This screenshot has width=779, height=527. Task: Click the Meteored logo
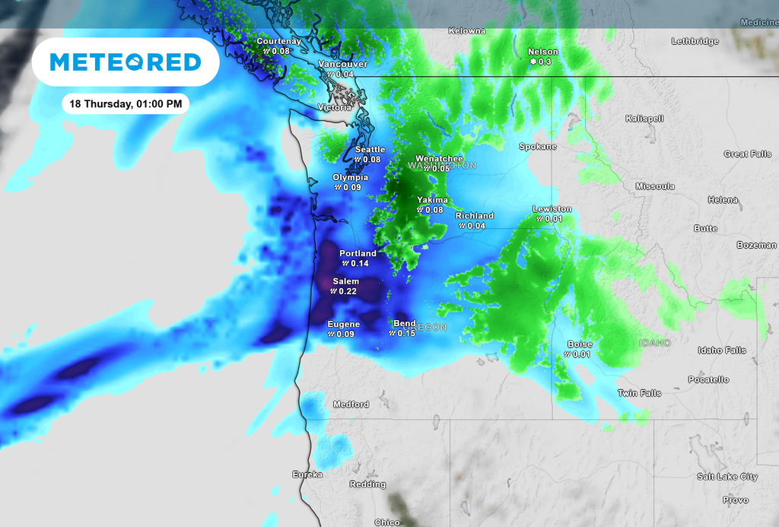[x=126, y=62]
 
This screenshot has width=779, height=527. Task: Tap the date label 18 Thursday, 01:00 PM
[x=125, y=103]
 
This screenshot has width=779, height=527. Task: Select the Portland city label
[x=358, y=253]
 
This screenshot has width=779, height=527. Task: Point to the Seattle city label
[x=370, y=150]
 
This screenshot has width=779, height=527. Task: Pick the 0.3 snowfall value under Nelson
[x=545, y=62]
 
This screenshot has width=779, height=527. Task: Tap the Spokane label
[x=538, y=146]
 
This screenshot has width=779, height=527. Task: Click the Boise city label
[x=580, y=344]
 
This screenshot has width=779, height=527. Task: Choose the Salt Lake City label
[x=727, y=477]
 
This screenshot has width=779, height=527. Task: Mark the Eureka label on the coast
[x=307, y=475]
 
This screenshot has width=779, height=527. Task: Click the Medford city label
[x=351, y=405]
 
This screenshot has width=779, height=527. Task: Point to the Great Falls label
[x=747, y=154]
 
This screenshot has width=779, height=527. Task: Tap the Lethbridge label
[x=695, y=42]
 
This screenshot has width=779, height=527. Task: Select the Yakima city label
[x=432, y=200]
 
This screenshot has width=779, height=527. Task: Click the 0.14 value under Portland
[x=359, y=263]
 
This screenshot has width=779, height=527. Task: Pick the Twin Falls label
[x=639, y=393]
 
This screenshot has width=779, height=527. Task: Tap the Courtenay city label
[x=278, y=41]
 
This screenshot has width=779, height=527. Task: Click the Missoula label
[x=655, y=186]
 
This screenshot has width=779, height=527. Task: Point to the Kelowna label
[x=466, y=31]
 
